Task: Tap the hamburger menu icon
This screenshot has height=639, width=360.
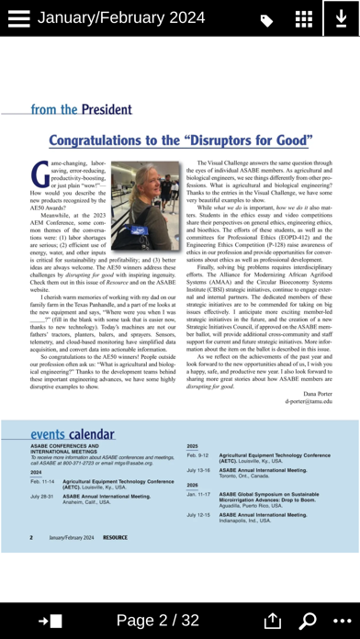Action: pos(18,18)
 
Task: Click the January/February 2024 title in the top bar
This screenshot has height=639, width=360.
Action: pos(120,18)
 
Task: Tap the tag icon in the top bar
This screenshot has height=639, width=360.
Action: pos(266,20)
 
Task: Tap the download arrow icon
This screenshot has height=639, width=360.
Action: pos(341,19)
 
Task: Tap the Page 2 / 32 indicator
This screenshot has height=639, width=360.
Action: pos(158,621)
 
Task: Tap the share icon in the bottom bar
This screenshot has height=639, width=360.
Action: pos(272,621)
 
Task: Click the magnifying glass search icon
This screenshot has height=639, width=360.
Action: pos(308,621)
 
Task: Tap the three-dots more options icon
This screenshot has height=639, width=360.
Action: pos(341,621)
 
